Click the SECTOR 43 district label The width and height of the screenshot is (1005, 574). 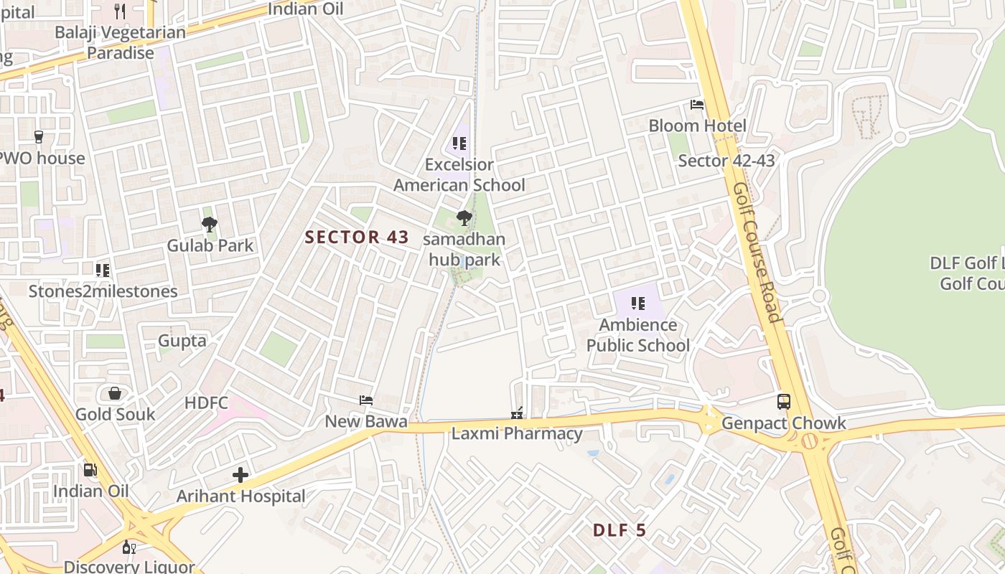(357, 237)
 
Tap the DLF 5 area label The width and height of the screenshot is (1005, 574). (620, 531)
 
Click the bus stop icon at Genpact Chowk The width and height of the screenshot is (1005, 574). (784, 402)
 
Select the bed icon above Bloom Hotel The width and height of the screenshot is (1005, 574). (697, 105)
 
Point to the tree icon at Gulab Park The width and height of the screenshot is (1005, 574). (210, 225)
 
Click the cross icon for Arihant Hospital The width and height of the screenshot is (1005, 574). (240, 475)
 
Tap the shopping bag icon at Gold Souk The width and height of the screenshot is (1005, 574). (115, 393)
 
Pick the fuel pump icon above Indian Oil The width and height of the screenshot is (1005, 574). (90, 470)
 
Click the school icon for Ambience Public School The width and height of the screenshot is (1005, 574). (637, 304)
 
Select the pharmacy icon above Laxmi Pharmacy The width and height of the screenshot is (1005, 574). (516, 413)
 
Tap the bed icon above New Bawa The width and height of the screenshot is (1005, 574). (366, 400)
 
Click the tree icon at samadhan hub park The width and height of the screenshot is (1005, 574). (464, 218)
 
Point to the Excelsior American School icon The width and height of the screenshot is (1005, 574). (459, 143)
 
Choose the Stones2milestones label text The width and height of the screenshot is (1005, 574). (103, 291)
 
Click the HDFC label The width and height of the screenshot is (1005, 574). (206, 403)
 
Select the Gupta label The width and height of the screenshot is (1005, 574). (182, 341)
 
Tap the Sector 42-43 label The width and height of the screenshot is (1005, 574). (726, 161)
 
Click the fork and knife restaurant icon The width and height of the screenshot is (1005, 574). (120, 11)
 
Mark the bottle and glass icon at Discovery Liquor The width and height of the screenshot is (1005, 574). (129, 547)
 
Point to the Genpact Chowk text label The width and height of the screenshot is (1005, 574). (784, 423)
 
